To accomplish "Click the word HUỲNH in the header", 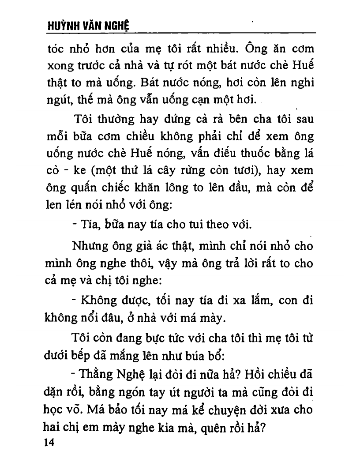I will (60, 26).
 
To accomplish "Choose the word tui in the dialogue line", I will (192, 226).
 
